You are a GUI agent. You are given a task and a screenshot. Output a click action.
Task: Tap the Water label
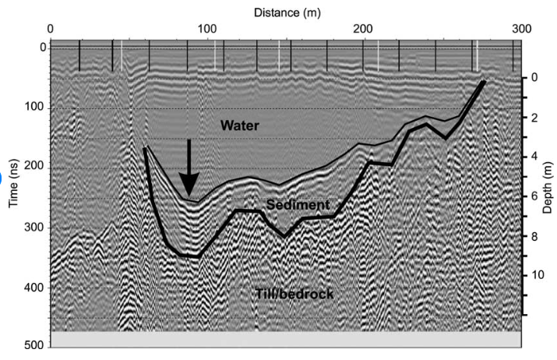click(x=239, y=125)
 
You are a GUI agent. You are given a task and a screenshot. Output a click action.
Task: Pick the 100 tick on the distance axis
click(x=207, y=30)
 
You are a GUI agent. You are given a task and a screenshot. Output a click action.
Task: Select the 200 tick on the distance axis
click(x=364, y=30)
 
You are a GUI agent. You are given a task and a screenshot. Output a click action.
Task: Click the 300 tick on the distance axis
click(x=521, y=30)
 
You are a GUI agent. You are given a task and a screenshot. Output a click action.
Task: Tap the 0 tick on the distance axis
click(x=51, y=30)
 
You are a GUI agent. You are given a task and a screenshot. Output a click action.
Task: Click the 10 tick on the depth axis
click(x=535, y=276)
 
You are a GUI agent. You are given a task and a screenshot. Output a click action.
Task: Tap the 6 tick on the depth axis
click(x=535, y=196)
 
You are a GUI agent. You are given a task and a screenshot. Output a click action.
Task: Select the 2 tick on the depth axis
click(x=535, y=118)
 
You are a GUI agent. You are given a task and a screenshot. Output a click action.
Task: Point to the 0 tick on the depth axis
click(x=535, y=78)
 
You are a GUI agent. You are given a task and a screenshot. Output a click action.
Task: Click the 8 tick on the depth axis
click(x=535, y=236)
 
